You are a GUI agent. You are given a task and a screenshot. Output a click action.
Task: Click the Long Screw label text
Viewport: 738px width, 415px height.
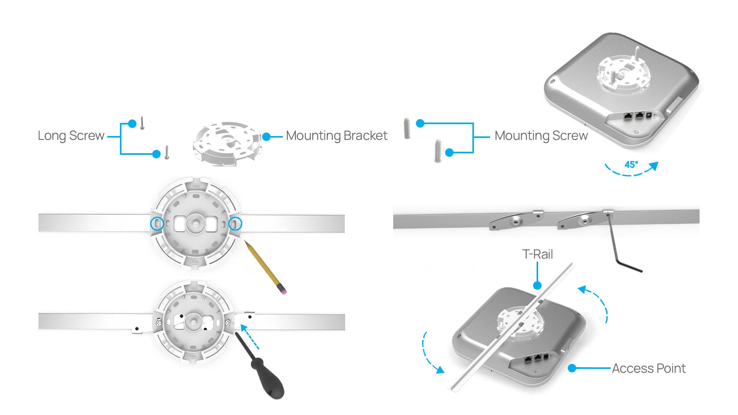pyautogui.click(x=71, y=136)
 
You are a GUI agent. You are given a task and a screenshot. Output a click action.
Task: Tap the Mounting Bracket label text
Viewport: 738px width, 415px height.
pyautogui.click(x=336, y=136)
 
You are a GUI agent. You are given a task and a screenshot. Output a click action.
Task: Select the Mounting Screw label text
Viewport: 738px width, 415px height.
pyautogui.click(x=541, y=136)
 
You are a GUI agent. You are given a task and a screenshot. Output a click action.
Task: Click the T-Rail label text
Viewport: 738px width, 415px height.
pyautogui.click(x=537, y=254)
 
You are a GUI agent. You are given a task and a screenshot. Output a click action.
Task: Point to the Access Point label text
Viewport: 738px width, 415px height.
pyautogui.click(x=648, y=369)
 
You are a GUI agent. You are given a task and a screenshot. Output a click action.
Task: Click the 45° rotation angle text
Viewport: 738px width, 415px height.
pyautogui.click(x=631, y=165)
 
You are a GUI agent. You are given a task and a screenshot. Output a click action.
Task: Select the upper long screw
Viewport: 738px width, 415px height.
pyautogui.click(x=142, y=123)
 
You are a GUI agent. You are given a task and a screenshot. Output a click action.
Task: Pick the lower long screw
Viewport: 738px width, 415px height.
pyautogui.click(x=167, y=152)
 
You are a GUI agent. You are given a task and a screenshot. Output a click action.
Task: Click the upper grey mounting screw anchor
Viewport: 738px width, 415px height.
pyautogui.click(x=407, y=128)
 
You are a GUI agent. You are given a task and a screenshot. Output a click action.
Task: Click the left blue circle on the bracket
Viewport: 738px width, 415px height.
pyautogui.click(x=157, y=223)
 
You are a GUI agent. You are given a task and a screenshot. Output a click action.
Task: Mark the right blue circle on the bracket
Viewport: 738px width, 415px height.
pyautogui.click(x=235, y=223)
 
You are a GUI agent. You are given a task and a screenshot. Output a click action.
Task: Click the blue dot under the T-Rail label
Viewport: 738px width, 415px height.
pyautogui.click(x=537, y=286)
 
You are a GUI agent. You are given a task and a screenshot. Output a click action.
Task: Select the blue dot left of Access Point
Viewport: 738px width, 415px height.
pyautogui.click(x=572, y=369)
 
